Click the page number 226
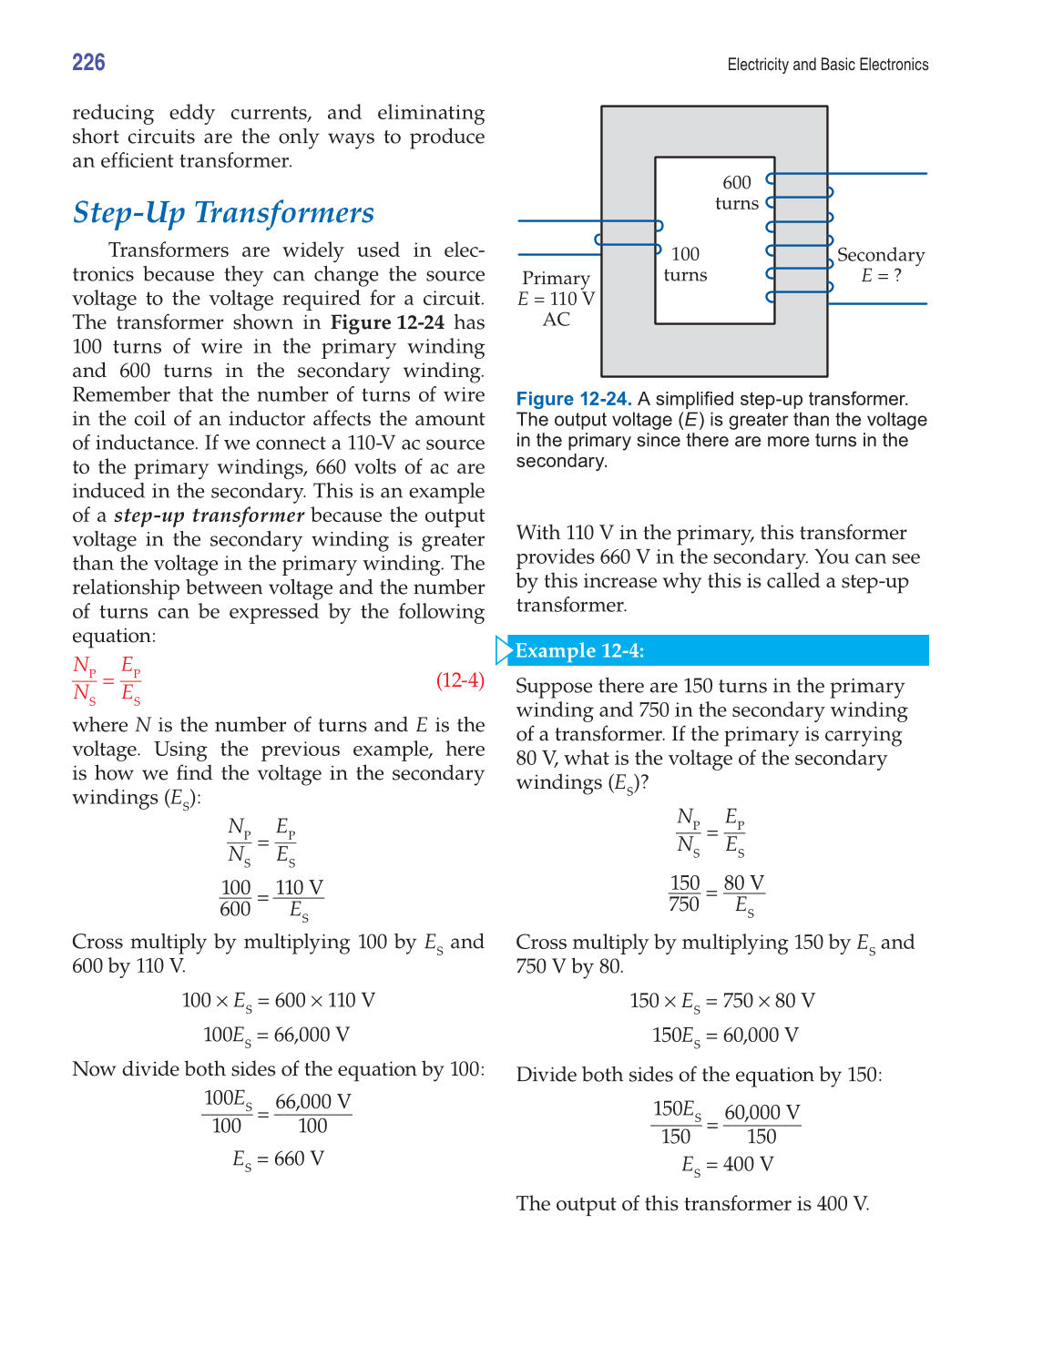pos(88,62)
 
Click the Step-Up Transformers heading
pos(223,212)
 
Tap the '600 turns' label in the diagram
pos(737,193)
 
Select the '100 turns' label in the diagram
pos(685,264)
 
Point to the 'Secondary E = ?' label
pos(880,265)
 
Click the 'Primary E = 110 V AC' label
pos(556,299)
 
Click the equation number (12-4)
pos(460,680)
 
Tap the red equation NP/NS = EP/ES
pos(107,680)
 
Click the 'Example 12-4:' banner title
pos(579,650)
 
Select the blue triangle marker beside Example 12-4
pos(504,650)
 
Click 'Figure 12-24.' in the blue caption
pos(574,399)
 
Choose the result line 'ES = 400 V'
pos(727,1165)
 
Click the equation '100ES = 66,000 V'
pos(276,1036)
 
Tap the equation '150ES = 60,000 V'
pos(725,1036)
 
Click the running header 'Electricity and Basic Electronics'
pos(827,65)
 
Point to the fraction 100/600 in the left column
pos(235,898)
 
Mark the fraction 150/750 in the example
pos(684,893)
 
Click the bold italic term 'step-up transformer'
pos(209,515)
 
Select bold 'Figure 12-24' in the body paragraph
pos(387,322)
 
